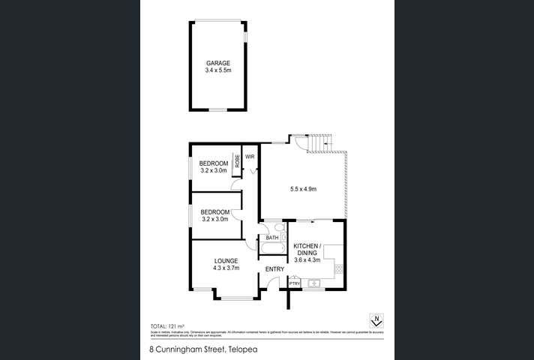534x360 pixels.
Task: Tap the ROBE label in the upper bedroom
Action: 237,160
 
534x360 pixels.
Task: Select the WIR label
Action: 250,157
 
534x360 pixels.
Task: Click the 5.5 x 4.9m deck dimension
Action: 303,189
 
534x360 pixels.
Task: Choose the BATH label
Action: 271,238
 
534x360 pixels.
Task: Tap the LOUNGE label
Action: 225,261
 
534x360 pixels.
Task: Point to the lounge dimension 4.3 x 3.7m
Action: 225,268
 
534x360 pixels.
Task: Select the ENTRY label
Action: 274,269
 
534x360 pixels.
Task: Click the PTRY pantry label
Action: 295,283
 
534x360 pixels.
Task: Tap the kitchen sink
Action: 314,283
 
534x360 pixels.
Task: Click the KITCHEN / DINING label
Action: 307,250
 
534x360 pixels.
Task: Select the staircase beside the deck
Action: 319,142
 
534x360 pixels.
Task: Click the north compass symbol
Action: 377,321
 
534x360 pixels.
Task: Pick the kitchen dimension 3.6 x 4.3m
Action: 307,260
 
